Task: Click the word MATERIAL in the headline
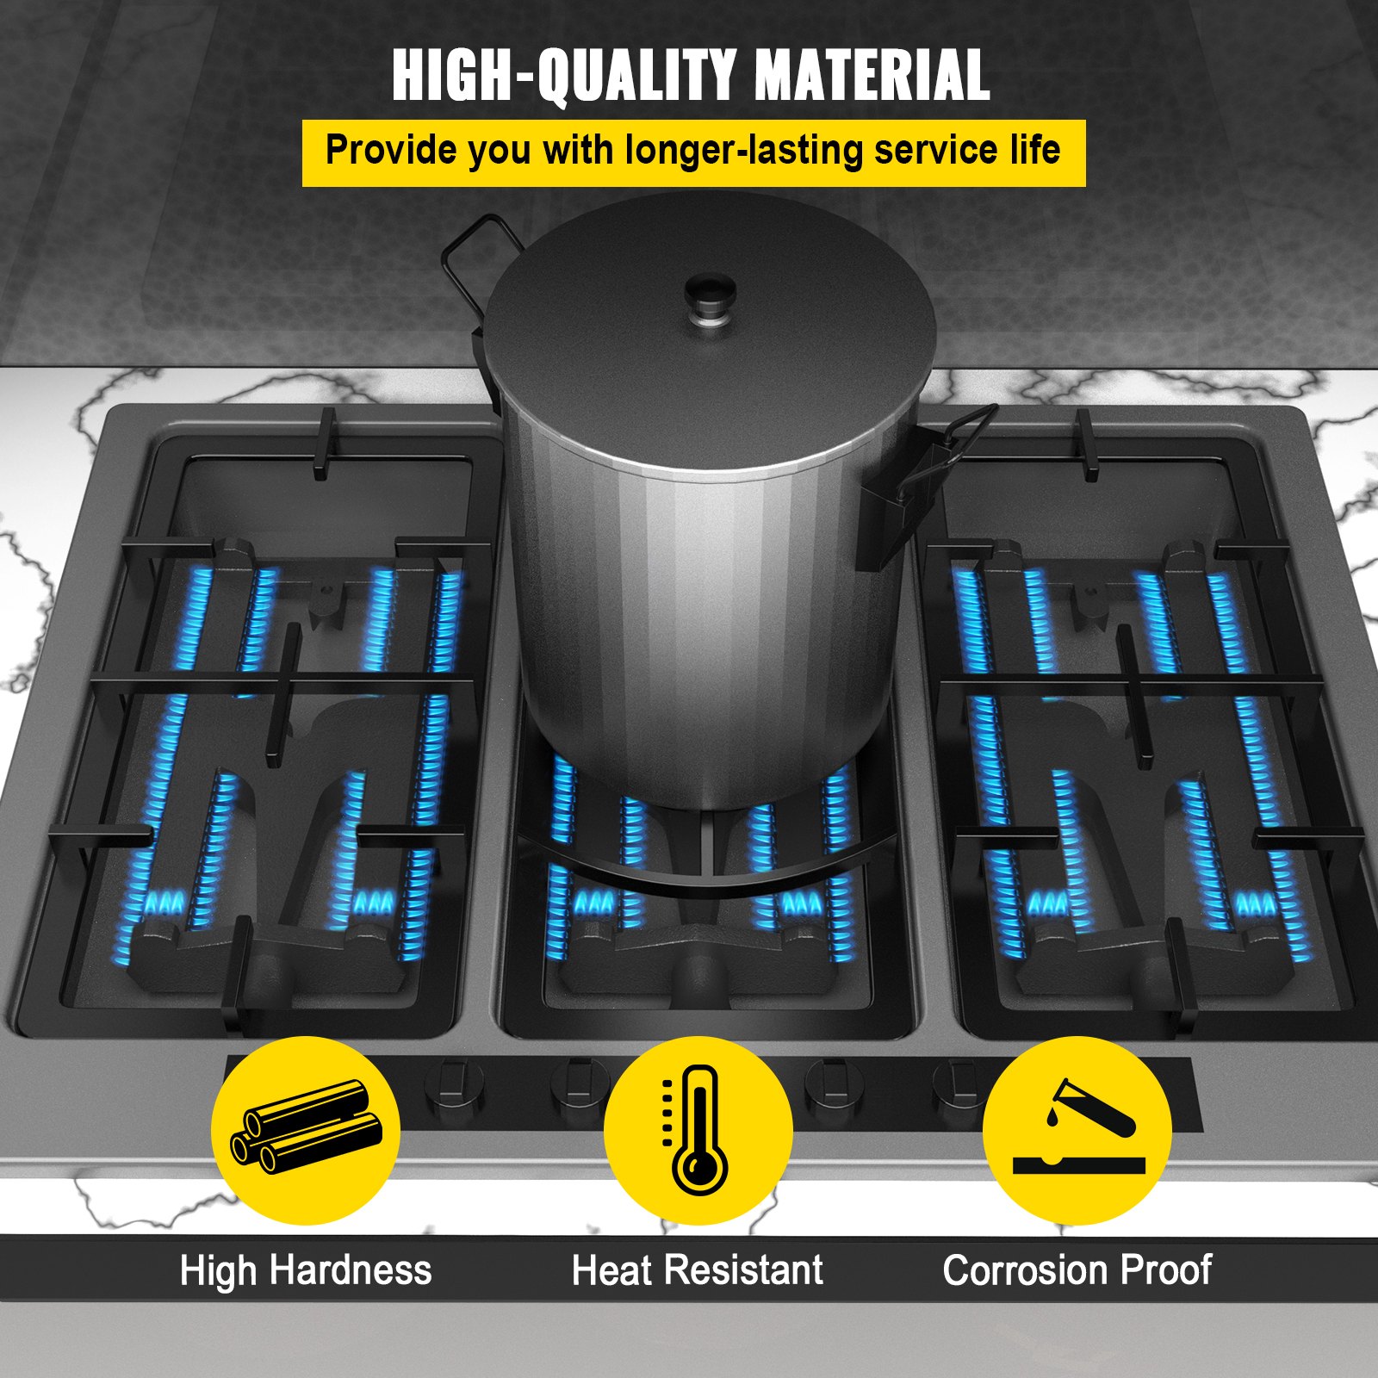(x=872, y=75)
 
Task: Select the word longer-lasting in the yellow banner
(x=744, y=151)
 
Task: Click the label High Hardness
(x=306, y=1271)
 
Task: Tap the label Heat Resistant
(x=698, y=1271)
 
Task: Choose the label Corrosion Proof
(x=1077, y=1271)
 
